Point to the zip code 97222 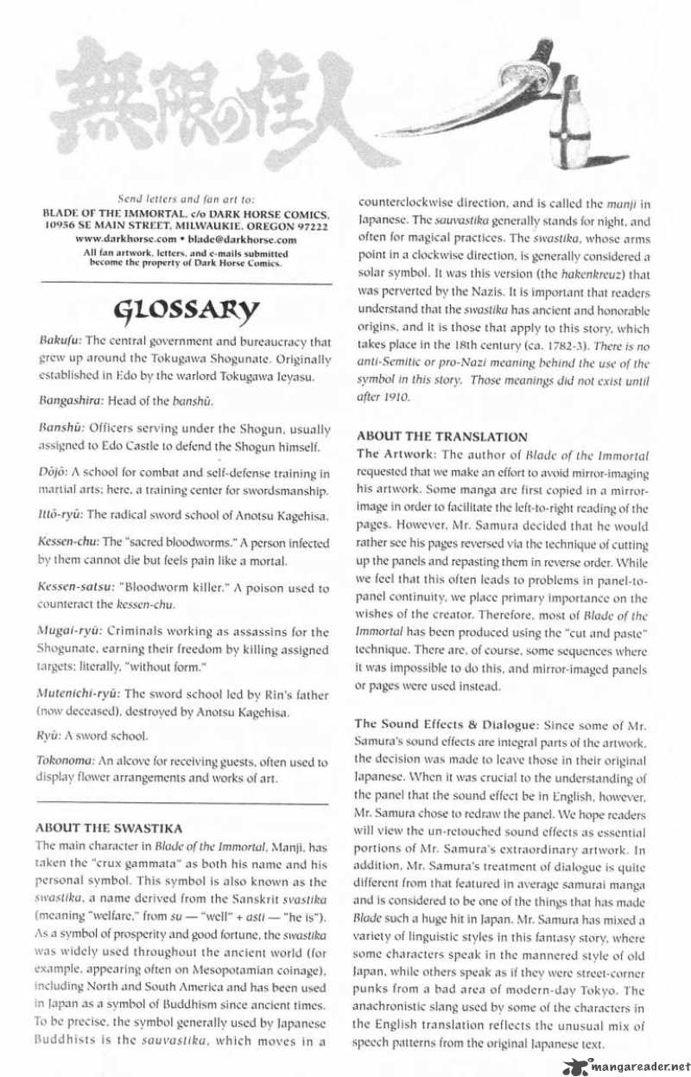coord(308,226)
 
